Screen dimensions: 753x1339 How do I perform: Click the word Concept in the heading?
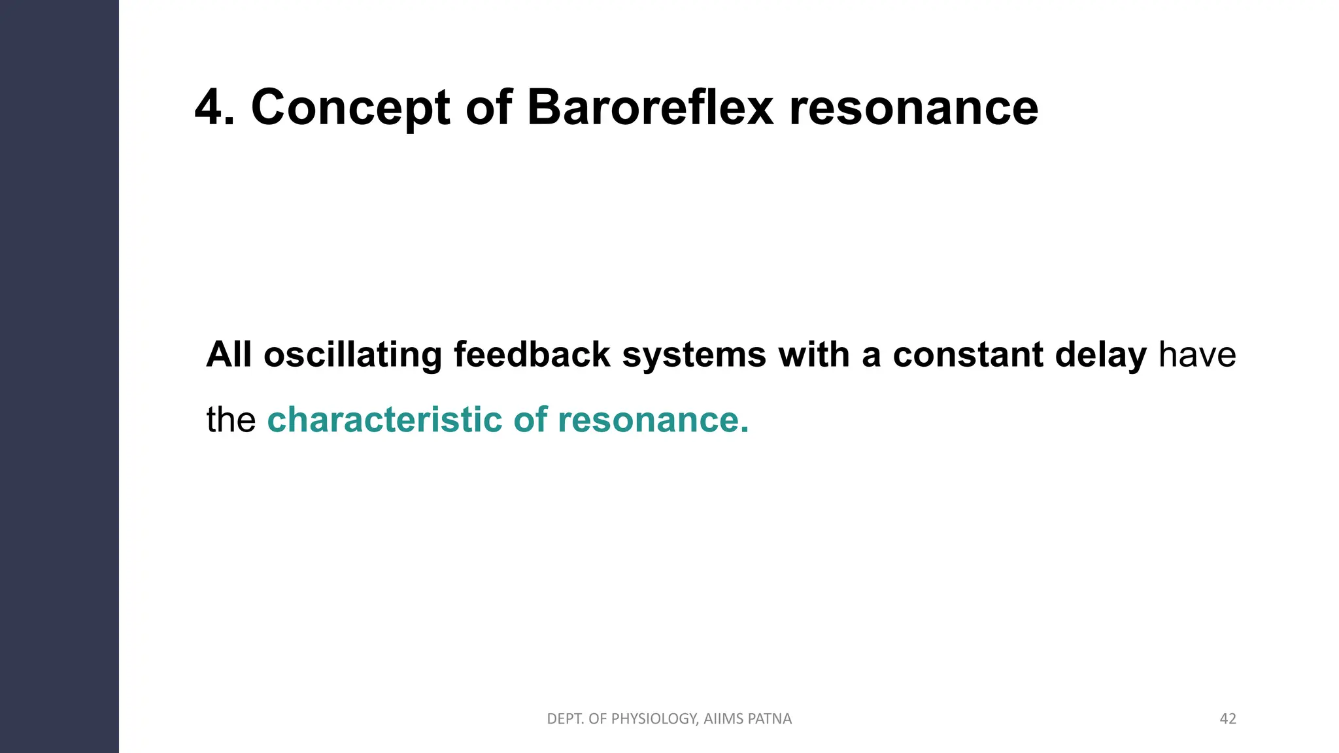pyautogui.click(x=350, y=108)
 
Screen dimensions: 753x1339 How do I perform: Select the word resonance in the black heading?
pyautogui.click(x=913, y=108)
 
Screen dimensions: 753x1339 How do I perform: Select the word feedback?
pyautogui.click(x=532, y=355)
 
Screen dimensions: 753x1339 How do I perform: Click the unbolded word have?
pyautogui.click(x=1197, y=355)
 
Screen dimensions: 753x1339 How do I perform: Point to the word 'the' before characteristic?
pyautogui.click(x=231, y=420)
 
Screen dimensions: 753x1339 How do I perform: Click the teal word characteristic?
pyautogui.click(x=384, y=420)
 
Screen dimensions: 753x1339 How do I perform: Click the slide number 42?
pyautogui.click(x=1228, y=719)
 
